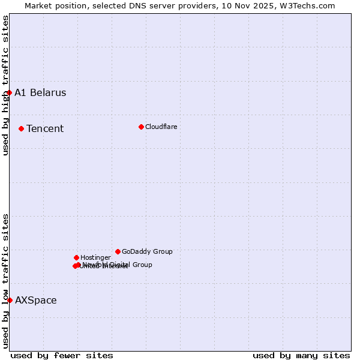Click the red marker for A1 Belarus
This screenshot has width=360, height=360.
[x=10, y=92]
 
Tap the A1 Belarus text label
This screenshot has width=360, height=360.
[x=40, y=92]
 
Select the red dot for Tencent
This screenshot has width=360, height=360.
[x=22, y=128]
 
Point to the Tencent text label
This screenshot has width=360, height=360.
[x=45, y=128]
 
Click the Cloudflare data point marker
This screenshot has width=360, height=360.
[x=141, y=127]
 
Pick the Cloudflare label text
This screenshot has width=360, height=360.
[x=161, y=127]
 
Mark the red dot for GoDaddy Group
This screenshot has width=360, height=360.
[x=118, y=251]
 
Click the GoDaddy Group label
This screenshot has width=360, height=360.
[x=147, y=251]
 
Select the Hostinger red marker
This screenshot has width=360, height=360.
[x=77, y=257]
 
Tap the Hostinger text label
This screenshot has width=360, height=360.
[x=95, y=257]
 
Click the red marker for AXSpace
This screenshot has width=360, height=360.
[x=10, y=300]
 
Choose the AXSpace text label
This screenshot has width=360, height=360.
[x=36, y=300]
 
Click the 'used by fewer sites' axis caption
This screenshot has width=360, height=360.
[x=62, y=355]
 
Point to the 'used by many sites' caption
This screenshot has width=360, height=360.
[x=301, y=355]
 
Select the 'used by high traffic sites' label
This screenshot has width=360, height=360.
[x=5, y=86]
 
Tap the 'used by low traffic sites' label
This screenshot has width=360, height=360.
[x=5, y=281]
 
